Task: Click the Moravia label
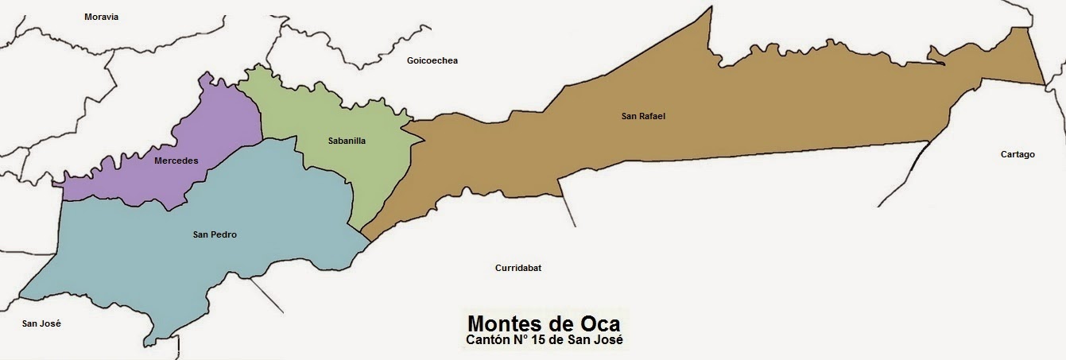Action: tap(101, 17)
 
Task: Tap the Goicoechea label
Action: tap(432, 60)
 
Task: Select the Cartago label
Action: tap(1018, 154)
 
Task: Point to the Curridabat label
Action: tap(517, 268)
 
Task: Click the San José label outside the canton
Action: tap(41, 323)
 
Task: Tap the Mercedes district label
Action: tap(176, 161)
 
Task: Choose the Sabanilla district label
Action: tap(347, 141)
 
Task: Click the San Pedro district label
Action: tap(215, 234)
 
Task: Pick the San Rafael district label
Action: tap(643, 116)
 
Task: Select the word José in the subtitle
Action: tap(607, 340)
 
